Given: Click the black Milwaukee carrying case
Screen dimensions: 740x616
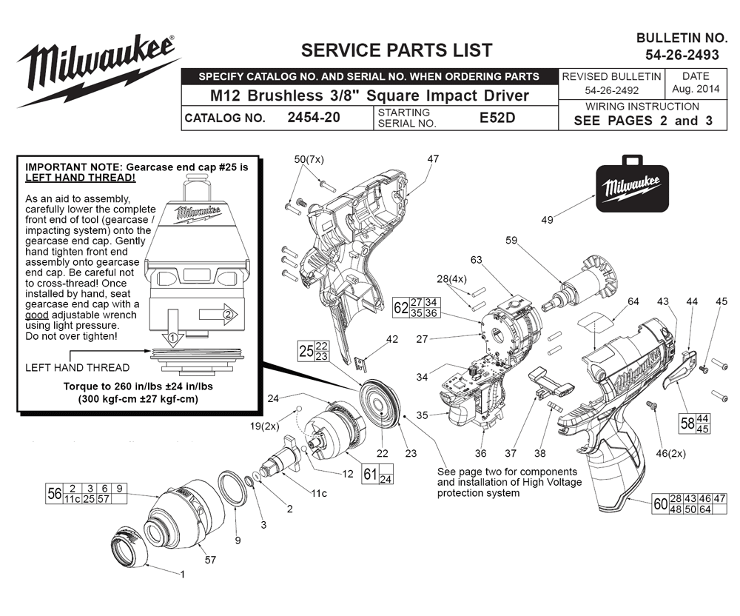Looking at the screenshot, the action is tap(633, 184).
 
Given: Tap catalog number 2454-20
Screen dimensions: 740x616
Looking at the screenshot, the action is tap(314, 118).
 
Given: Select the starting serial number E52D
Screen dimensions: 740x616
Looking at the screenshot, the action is tap(497, 118).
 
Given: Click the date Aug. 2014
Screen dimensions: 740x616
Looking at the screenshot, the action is tap(696, 89).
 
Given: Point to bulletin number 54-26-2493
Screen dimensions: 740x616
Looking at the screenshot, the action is tap(682, 55).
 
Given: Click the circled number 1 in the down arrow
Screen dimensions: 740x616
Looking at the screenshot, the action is tap(172, 338).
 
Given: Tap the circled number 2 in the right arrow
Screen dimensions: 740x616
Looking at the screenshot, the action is tap(228, 314).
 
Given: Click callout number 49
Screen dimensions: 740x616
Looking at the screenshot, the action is tap(547, 220).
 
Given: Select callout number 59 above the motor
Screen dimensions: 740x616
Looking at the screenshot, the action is tap(511, 241).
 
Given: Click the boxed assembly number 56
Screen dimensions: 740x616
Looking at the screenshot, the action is tap(54, 494).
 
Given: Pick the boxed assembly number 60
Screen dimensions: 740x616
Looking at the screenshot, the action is tap(660, 504).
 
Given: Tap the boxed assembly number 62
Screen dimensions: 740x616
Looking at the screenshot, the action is tap(400, 308).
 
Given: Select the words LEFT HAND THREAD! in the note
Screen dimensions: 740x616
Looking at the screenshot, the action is tap(80, 178).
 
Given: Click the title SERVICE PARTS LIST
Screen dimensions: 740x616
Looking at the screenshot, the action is tap(397, 50).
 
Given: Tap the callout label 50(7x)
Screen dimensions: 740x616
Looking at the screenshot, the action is tap(309, 159).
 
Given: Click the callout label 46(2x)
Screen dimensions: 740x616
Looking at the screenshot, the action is tap(670, 454).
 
